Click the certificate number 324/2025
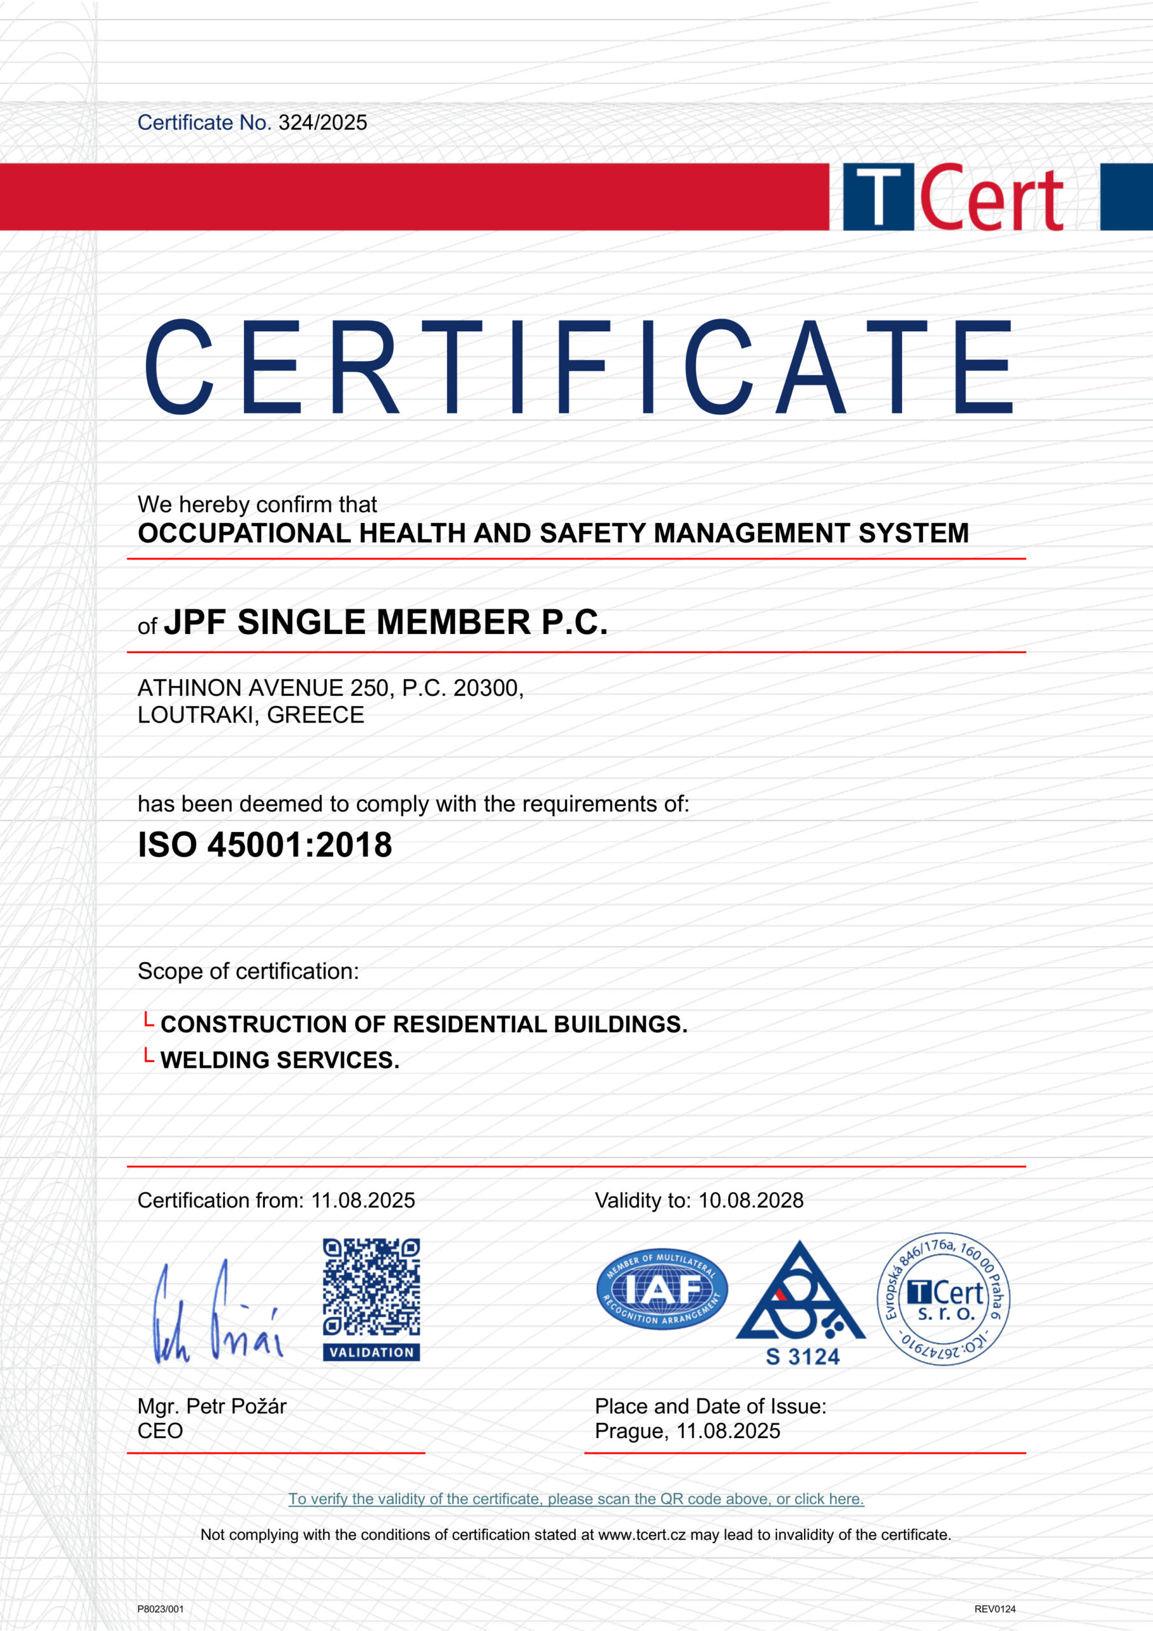click(x=322, y=123)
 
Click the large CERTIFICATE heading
click(x=578, y=366)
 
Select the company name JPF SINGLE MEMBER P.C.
click(x=386, y=622)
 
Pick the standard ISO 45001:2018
click(x=264, y=845)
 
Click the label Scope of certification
click(x=248, y=971)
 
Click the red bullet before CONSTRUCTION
click(x=148, y=1021)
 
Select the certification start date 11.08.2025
click(x=363, y=1200)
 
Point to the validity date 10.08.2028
click(x=751, y=1200)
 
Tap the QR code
click(x=371, y=1287)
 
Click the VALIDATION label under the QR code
click(x=371, y=1353)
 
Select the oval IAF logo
click(x=661, y=1290)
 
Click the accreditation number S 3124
click(x=802, y=1358)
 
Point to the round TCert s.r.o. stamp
click(x=943, y=1298)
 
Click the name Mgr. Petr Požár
click(x=211, y=1407)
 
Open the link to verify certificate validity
click(x=576, y=1499)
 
